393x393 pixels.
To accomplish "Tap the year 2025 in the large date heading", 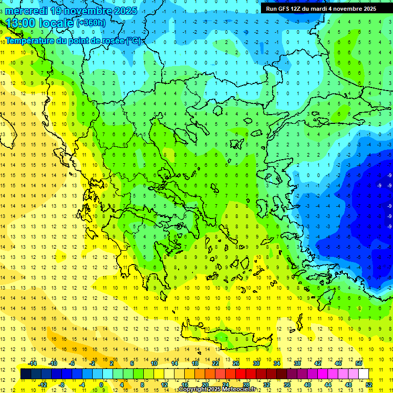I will click(x=122, y=11).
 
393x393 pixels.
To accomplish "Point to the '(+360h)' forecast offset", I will click(x=91, y=23).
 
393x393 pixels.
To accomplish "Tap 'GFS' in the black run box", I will click(x=283, y=8).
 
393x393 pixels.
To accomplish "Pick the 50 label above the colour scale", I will click(x=359, y=363).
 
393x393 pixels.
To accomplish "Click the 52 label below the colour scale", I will click(x=369, y=385).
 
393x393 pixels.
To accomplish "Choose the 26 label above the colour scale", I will click(x=236, y=363).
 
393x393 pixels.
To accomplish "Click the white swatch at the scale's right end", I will click(x=364, y=374).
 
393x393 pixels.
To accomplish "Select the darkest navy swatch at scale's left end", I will click(x=26, y=374).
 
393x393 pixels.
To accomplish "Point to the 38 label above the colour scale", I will click(x=297, y=363).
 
